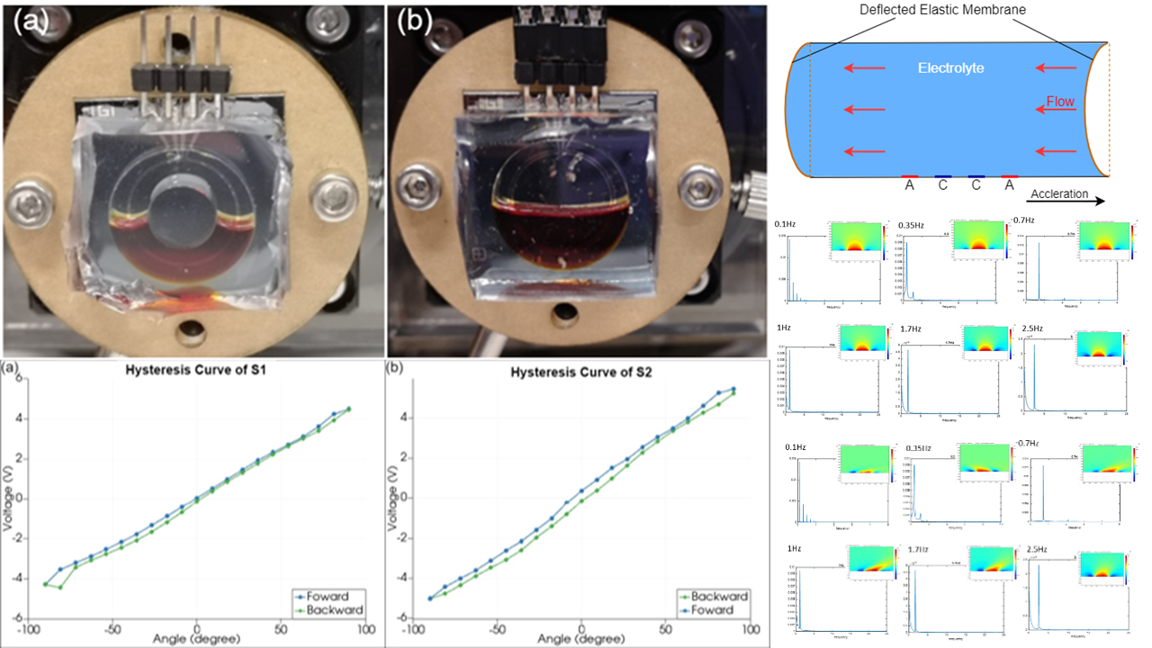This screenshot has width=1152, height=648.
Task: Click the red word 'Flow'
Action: (1059, 102)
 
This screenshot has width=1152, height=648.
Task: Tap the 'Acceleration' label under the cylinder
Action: (1060, 193)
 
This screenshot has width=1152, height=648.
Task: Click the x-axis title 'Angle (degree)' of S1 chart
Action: (196, 638)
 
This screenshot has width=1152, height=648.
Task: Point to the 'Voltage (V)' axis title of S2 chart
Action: (393, 498)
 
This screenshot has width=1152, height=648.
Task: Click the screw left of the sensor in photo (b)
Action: (416, 190)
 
